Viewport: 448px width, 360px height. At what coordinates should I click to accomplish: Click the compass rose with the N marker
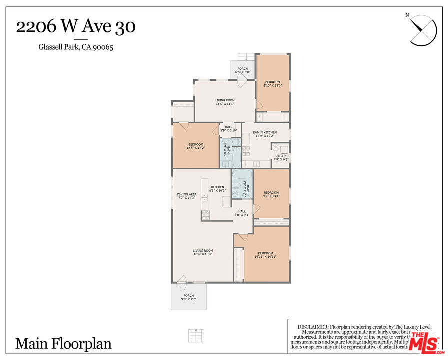423,30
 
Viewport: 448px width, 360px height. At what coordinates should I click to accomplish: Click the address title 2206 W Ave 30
76,27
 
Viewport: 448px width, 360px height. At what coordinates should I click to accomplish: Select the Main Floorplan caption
63,343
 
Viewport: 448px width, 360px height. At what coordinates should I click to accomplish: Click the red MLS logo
424,342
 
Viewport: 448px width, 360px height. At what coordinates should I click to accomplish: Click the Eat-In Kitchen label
265,134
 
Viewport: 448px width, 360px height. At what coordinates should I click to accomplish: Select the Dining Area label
187,196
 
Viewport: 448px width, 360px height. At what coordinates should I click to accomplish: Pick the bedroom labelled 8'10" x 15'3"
273,84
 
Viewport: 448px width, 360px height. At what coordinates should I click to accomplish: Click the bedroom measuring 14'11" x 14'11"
265,255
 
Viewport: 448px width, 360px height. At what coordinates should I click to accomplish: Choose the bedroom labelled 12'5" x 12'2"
195,146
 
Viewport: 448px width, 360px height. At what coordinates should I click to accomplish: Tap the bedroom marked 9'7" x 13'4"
271,194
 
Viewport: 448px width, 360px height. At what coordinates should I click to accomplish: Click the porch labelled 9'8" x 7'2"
189,297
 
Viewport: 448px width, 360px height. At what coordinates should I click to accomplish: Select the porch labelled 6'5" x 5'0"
243,70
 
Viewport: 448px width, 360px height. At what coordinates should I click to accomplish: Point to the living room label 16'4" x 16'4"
203,252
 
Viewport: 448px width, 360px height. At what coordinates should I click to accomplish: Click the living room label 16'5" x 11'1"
225,102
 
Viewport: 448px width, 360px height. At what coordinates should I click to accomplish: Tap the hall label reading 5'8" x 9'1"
242,213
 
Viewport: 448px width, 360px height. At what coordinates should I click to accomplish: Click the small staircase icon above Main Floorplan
196,335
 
